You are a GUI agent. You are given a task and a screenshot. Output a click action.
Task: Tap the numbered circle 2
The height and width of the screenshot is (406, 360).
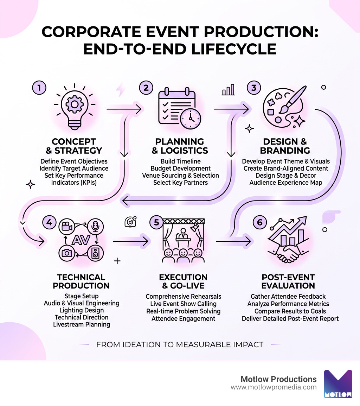point(146,88)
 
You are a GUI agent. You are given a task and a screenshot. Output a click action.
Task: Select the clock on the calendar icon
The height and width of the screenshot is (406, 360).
point(190,118)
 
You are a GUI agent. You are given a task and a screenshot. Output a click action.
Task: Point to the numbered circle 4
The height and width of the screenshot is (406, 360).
point(49,222)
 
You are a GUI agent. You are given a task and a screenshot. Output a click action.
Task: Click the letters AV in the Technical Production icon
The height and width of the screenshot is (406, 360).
point(81,240)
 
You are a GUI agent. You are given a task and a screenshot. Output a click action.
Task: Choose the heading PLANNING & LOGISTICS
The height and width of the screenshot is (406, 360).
point(180,146)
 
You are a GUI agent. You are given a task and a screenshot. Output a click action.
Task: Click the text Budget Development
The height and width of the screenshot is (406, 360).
point(180,168)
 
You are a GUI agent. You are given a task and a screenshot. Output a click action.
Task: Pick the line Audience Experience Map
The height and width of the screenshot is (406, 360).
point(285,182)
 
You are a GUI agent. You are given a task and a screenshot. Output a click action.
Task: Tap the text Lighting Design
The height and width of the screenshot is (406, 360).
point(81,310)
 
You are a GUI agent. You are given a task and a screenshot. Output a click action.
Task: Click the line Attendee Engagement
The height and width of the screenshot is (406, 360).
point(183,318)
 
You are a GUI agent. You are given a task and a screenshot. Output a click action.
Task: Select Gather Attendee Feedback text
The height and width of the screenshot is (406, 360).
point(288,296)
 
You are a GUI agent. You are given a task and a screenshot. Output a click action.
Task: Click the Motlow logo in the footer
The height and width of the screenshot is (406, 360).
point(337,384)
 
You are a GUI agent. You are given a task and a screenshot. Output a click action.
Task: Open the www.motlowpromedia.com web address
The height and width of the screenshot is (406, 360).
point(274,387)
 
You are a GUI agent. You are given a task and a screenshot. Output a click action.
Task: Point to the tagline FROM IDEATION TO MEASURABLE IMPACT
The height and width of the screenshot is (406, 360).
point(180,344)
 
